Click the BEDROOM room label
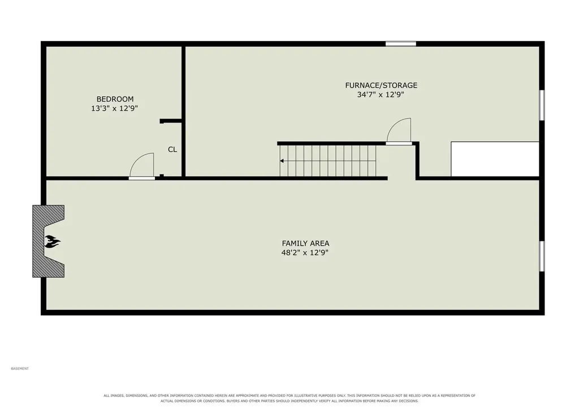click(115, 99)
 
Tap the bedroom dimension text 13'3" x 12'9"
click(114, 108)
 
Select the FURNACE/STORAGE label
click(381, 85)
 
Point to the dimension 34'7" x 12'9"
click(381, 94)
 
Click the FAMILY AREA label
click(305, 243)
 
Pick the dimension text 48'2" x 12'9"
click(305, 252)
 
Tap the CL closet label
click(172, 150)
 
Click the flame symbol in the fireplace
click(52, 242)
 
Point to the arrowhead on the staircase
click(282, 161)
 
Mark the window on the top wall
click(401, 44)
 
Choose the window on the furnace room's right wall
click(542, 105)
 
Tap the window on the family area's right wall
click(542, 256)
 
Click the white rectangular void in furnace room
click(495, 159)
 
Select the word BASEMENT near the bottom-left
click(20, 368)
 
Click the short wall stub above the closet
click(170, 121)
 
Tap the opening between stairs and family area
click(401, 178)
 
